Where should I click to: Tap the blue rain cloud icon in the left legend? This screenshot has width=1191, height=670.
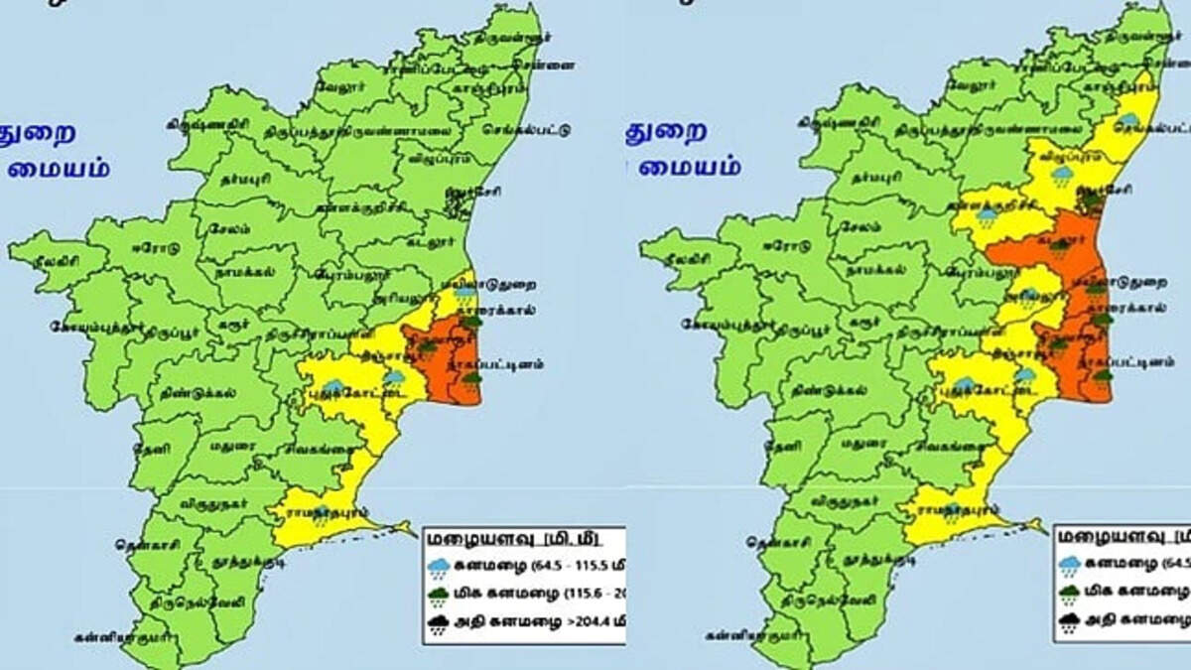[x=437, y=567]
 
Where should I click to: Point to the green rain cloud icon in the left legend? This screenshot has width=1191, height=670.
[x=437, y=596]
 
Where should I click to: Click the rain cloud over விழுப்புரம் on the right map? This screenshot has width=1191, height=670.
[x=1062, y=176]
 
